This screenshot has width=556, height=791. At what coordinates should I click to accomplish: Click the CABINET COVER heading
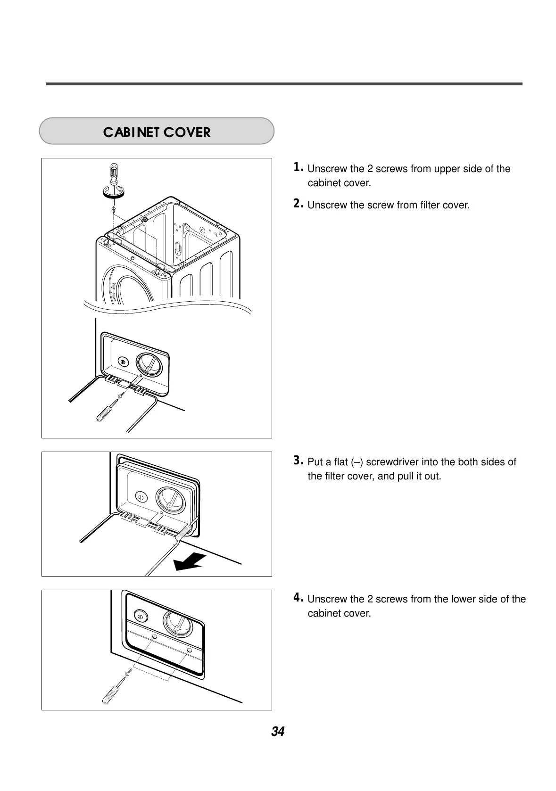157,132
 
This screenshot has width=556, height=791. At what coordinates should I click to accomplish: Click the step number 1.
298,167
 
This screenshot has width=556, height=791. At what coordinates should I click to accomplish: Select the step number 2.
298,204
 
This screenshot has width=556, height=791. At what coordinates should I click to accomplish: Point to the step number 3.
298,460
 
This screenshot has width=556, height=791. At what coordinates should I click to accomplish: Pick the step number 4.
298,598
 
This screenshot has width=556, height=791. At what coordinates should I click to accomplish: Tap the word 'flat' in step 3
341,462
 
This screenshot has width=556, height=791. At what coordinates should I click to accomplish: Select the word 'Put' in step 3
315,462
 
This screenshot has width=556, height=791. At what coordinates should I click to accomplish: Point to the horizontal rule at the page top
284,84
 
